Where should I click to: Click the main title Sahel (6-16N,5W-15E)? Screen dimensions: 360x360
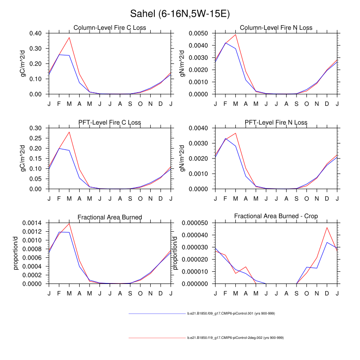pyautogui.click(x=180, y=14)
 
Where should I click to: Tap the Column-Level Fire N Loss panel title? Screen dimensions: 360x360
pyautogui.click(x=277, y=28)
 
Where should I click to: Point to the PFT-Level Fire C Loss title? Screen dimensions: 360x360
pyautogui.click(x=110, y=122)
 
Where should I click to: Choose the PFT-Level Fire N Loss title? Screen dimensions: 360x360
pyautogui.click(x=277, y=122)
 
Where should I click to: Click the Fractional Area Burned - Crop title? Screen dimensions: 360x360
pyautogui.click(x=276, y=216)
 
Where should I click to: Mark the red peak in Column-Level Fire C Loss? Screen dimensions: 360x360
pyautogui.click(x=69, y=37)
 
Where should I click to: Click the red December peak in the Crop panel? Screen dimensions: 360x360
pyautogui.click(x=327, y=227)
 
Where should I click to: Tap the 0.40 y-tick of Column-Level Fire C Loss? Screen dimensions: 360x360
pyautogui.click(x=36, y=33)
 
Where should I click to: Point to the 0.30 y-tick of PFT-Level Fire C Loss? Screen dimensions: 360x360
pyautogui.click(x=36, y=128)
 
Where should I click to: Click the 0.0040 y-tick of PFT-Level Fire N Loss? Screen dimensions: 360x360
pyautogui.click(x=198, y=128)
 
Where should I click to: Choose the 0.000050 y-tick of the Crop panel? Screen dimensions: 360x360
pyautogui.click(x=197, y=223)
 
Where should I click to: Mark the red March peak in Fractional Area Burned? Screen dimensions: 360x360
pyautogui.click(x=69, y=224)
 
